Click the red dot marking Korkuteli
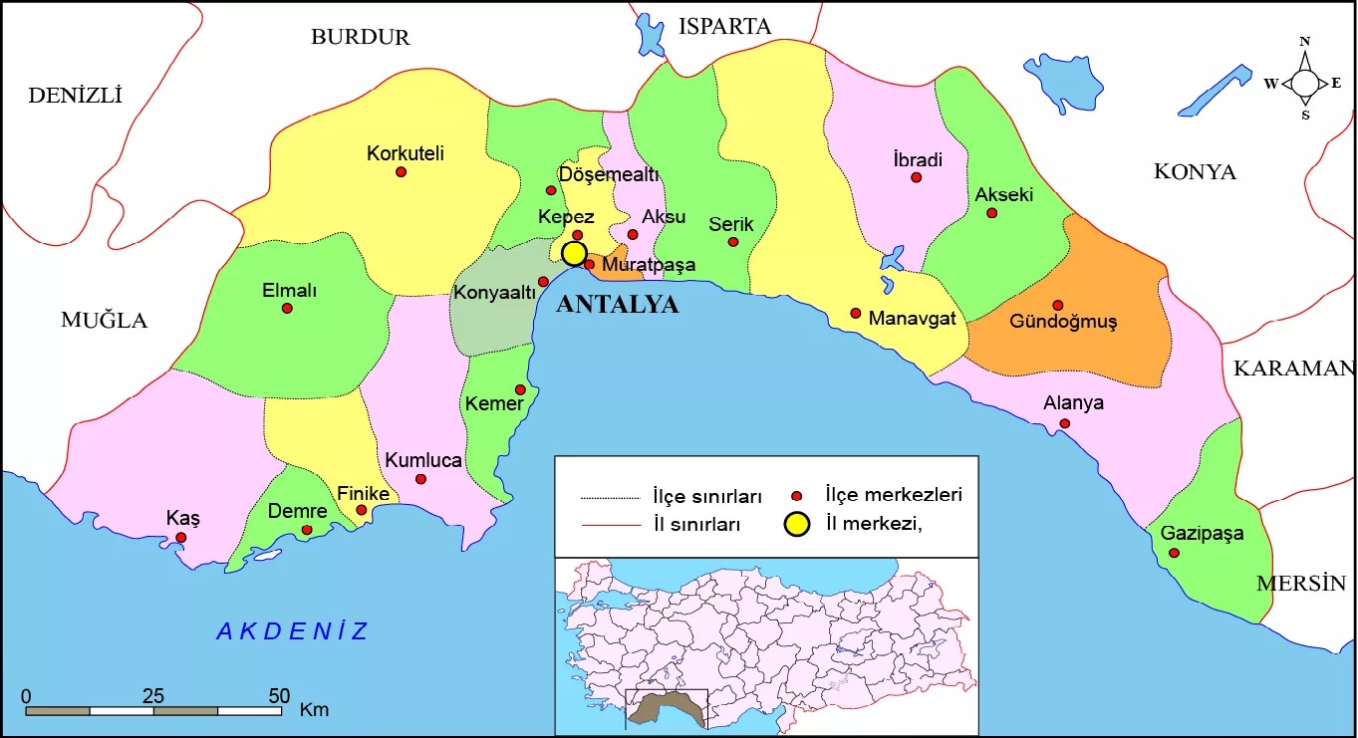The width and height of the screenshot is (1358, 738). [x=402, y=171]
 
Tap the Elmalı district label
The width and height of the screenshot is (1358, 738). [x=289, y=291]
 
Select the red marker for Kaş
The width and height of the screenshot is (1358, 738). [x=180, y=538]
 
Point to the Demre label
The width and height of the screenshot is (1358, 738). [x=297, y=512]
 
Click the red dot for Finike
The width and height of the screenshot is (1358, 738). [x=362, y=510]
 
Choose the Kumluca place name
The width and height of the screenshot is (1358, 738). [x=423, y=461]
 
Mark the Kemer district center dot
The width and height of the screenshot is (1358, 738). [x=520, y=389]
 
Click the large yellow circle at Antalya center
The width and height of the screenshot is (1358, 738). [x=574, y=253]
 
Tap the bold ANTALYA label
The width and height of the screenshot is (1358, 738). [x=617, y=305]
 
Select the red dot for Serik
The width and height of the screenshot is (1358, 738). [x=733, y=242]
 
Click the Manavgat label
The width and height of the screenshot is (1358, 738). [x=912, y=319]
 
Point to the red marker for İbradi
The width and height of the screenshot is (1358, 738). [x=916, y=177]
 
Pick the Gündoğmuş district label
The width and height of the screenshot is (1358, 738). [x=1063, y=322]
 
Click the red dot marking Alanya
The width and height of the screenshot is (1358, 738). [x=1065, y=423]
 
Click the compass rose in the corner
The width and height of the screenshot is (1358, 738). [x=1304, y=83]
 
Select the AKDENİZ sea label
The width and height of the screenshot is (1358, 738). [x=293, y=630]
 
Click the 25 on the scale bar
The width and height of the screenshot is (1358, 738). [x=153, y=695]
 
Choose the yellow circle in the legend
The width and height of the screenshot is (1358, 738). [x=795, y=524]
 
